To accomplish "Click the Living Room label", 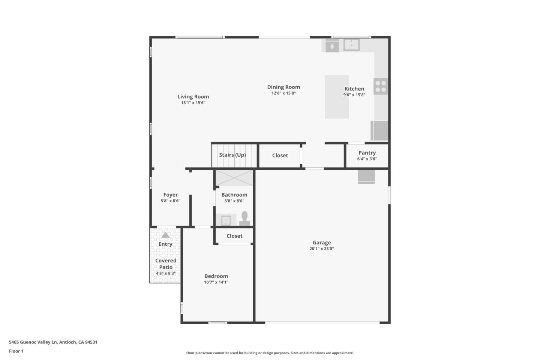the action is [x=193, y=97].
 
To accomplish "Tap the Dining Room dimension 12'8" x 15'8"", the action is [x=283, y=93].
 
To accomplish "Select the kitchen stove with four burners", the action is [x=381, y=86].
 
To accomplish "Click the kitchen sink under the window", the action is [x=351, y=45].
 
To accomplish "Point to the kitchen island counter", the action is [x=337, y=97].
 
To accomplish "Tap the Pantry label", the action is [x=367, y=153].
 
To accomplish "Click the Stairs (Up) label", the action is [x=232, y=155].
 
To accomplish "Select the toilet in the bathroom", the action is [x=244, y=219].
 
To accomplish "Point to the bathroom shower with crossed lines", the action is [x=234, y=178].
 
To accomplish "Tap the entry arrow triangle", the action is [x=165, y=235].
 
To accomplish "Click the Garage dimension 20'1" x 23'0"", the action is [x=322, y=249].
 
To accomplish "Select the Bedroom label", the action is [x=216, y=276].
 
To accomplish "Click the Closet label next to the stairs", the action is [x=280, y=156].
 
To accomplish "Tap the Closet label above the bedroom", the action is [x=234, y=236].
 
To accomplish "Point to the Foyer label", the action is [x=170, y=195].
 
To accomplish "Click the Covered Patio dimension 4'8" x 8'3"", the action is [x=166, y=273].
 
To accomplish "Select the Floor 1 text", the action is [x=16, y=351].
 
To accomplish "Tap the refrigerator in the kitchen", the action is [x=379, y=130].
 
